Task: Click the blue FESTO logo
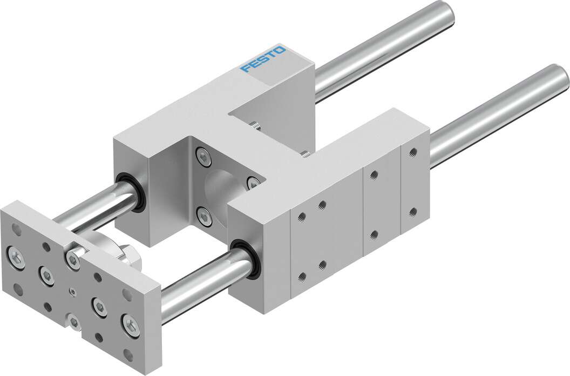(264, 61)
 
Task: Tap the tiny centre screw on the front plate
(72, 292)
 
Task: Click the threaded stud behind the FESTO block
(254, 126)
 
